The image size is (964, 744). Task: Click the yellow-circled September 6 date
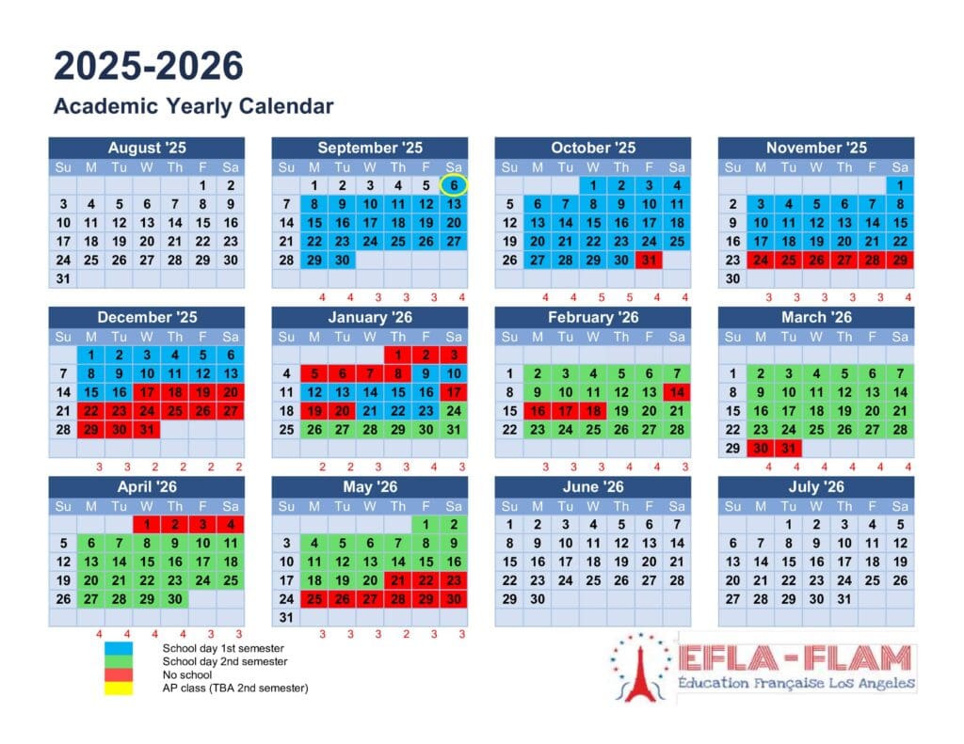tap(454, 186)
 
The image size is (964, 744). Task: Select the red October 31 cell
tap(649, 260)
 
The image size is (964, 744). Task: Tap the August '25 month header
tap(147, 148)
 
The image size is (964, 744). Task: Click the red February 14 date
tap(677, 392)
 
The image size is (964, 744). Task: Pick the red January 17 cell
tap(454, 392)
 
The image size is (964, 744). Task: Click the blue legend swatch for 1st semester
tap(119, 648)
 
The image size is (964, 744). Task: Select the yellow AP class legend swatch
tap(119, 688)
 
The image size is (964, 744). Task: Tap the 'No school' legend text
tap(187, 674)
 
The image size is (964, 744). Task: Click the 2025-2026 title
tap(149, 67)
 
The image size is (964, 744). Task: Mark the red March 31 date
tap(789, 448)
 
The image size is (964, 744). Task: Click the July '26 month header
tap(816, 487)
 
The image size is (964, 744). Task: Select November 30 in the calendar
tap(732, 278)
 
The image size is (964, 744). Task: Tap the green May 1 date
tap(426, 525)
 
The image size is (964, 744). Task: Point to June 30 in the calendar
tap(538, 598)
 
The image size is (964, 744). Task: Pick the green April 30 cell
tap(174, 598)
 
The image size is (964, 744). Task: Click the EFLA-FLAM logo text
tap(796, 658)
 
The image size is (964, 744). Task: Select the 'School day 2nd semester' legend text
tap(223, 661)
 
